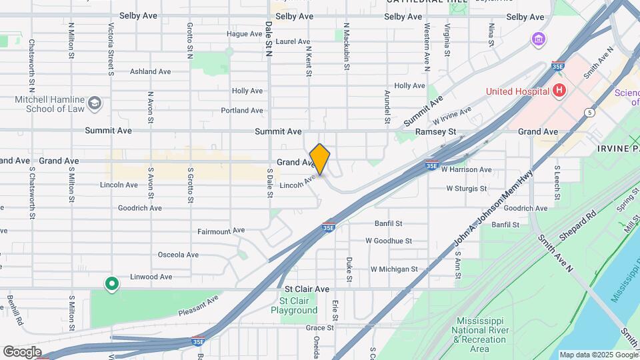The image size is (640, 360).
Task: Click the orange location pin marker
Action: tap(320, 159)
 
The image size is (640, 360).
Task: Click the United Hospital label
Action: tap(517, 91)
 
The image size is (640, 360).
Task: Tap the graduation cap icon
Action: tap(95, 103)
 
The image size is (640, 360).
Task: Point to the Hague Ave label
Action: tap(245, 34)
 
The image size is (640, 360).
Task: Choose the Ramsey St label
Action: tap(435, 132)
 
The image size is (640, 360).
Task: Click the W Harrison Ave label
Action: tap(466, 170)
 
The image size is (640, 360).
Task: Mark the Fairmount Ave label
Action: tap(221, 231)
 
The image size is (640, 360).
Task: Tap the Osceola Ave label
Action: tap(178, 255)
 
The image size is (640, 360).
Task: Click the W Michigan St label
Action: tap(394, 269)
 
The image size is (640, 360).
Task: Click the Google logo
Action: tap(22, 351)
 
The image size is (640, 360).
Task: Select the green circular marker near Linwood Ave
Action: tap(112, 285)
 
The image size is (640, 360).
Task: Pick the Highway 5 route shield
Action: tap(590, 113)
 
